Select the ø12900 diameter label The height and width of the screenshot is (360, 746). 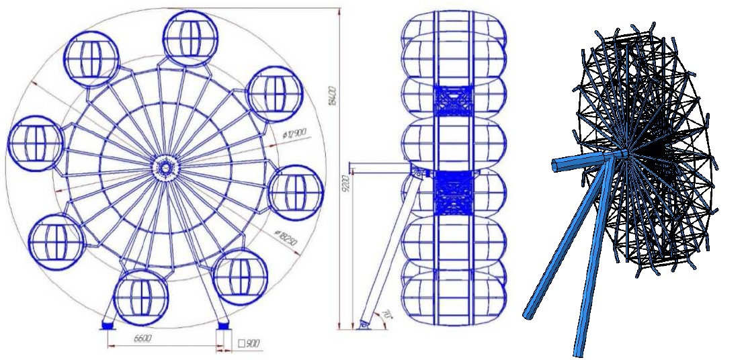[294, 134]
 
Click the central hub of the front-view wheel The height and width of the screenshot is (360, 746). [163, 166]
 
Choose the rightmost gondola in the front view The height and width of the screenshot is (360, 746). [294, 191]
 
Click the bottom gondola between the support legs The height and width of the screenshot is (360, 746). [140, 296]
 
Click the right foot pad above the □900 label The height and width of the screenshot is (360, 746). [223, 326]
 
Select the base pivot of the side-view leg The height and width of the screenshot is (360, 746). [365, 324]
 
